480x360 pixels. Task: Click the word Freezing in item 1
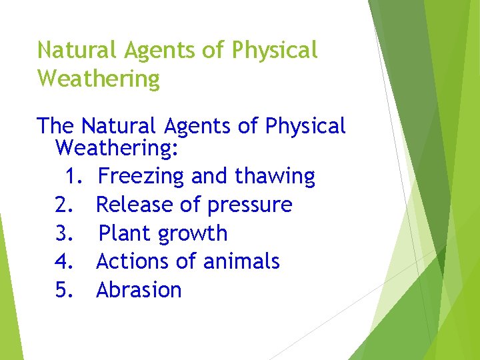click(141, 177)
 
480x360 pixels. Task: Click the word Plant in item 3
click(126, 233)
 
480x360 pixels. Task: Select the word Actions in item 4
click(133, 261)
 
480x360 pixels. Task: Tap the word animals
click(239, 261)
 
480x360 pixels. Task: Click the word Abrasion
click(139, 290)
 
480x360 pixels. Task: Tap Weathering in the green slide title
click(99, 79)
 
